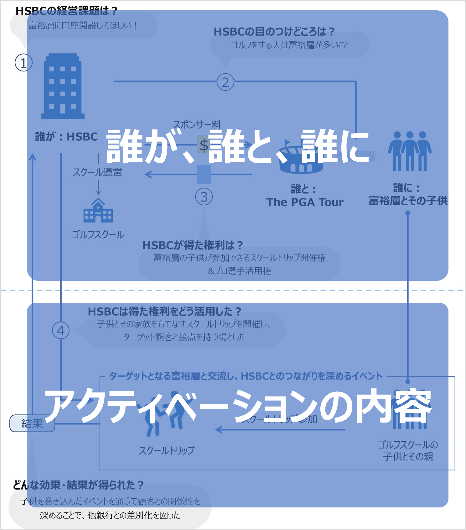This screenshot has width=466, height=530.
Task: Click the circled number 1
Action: pos(23,63)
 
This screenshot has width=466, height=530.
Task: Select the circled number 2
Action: pos(225,82)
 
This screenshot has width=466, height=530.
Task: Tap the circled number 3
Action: pos(204,197)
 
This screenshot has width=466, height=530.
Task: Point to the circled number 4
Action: pos(61,331)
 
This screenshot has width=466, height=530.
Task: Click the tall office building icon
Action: pos(63,86)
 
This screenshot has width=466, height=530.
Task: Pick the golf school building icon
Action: pos(98,211)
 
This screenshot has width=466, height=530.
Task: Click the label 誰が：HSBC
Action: pos(66,137)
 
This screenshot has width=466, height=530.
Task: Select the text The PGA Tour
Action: pos(305,202)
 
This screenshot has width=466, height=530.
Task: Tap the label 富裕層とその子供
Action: pos(408,201)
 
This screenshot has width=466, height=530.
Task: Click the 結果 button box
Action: pos(32,423)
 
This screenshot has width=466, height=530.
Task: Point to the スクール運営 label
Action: pos(97,172)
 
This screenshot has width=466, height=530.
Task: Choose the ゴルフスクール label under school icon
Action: pos(98,234)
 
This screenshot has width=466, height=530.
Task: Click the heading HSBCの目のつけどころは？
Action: pos(274,32)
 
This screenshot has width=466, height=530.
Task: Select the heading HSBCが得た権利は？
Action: pos(193,245)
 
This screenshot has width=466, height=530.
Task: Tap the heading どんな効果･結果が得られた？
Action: pos(78,485)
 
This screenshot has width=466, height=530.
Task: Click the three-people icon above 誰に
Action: pos(410,151)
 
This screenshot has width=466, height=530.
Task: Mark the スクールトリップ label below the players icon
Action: pos(167,450)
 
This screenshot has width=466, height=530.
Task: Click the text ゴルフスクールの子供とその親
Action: pos(408,450)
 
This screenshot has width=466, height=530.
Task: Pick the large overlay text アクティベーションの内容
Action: pos(238,406)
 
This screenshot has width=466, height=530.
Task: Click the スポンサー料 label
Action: pos(197,124)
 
